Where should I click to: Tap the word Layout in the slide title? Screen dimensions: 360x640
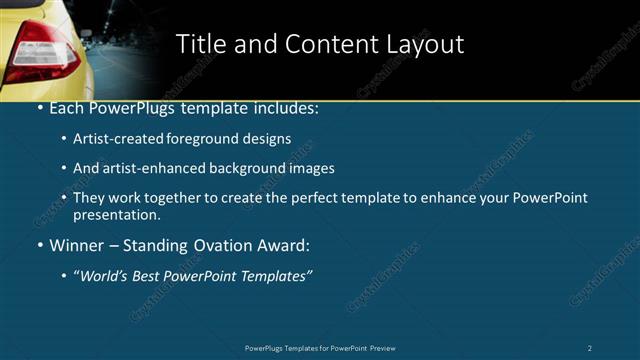(x=424, y=44)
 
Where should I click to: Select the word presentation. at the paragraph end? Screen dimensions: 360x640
(x=117, y=214)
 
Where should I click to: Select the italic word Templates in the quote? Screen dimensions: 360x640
(x=275, y=276)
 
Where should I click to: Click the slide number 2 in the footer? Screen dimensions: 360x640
(x=590, y=348)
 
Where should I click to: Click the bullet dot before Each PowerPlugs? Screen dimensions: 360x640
(x=39, y=107)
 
